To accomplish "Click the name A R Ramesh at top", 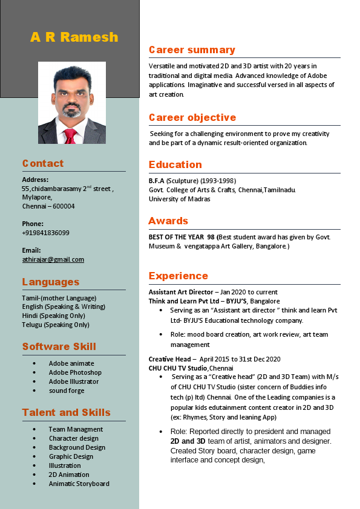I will [74, 37].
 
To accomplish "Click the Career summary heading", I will [192, 50].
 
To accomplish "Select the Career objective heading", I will [192, 117].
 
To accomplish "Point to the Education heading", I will [175, 164].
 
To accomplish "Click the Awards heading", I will [168, 221].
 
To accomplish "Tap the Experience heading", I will [178, 276].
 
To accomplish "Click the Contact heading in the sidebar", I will [43, 163].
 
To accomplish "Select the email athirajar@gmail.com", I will [53, 259].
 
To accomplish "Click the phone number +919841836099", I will [45, 233].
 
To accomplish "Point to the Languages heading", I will [51, 282].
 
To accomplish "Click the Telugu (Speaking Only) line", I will [56, 325].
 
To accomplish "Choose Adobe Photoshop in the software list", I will [75, 372].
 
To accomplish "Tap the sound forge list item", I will [67, 391].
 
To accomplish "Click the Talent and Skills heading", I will [67, 412].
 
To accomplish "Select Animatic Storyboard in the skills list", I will [79, 484].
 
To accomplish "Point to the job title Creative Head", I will [169, 359].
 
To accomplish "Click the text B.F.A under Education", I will [157, 180].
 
